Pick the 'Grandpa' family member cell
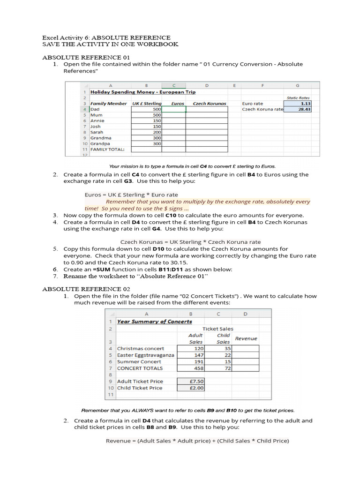point(101,143)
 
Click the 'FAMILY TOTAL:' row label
point(107,150)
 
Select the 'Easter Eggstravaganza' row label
point(145,355)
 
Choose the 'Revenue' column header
point(246,338)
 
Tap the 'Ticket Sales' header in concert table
point(218,329)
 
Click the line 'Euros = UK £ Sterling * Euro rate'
point(131,195)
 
